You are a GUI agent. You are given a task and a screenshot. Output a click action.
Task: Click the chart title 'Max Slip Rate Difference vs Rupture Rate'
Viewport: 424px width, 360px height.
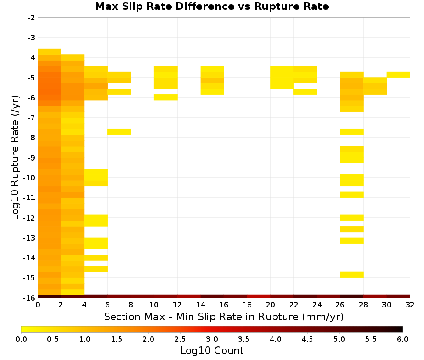tap(212, 6)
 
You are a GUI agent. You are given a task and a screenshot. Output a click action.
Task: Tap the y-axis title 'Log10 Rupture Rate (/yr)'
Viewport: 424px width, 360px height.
tap(15, 158)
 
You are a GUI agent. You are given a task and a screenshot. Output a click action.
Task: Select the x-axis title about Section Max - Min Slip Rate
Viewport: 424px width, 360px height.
tap(224, 316)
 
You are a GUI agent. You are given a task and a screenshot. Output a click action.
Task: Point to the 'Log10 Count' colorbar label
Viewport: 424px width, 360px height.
tap(212, 351)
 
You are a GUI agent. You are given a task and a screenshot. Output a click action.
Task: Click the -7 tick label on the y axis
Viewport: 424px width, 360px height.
tap(31, 117)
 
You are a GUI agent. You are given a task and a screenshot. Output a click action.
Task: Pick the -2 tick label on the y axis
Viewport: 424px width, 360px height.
tap(31, 18)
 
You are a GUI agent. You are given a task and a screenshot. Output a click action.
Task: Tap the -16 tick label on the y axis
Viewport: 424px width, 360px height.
tap(29, 298)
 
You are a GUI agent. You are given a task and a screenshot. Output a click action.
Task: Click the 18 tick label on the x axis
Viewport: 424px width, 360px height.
tap(247, 305)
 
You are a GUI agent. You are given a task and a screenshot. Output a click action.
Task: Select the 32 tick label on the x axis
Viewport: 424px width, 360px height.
tap(410, 305)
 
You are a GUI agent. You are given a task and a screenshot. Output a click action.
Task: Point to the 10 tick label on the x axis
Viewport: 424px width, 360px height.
tap(154, 305)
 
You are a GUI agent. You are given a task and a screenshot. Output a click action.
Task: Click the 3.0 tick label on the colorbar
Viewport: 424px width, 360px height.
tap(212, 339)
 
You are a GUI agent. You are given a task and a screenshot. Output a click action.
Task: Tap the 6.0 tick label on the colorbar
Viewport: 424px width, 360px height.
tap(403, 339)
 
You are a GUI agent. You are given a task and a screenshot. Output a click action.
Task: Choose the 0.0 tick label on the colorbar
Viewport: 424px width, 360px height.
tap(21, 339)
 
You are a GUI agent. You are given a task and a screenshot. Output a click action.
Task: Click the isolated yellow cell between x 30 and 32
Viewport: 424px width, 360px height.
tap(398, 75)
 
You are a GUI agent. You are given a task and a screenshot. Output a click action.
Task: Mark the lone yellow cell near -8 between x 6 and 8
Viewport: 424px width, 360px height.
tap(119, 132)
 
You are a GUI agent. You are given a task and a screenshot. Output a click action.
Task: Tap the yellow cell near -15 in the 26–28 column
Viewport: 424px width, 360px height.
tap(352, 274)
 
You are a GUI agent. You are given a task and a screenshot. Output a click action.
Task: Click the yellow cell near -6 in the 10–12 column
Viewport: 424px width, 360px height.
tap(166, 97)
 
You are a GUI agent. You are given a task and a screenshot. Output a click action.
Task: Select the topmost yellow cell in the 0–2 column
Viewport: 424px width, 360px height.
tap(50, 52)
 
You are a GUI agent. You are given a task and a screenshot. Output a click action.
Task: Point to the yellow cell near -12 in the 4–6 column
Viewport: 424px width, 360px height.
tap(96, 220)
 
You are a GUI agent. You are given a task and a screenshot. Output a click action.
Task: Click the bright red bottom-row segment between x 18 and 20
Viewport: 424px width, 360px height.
tap(259, 296)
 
